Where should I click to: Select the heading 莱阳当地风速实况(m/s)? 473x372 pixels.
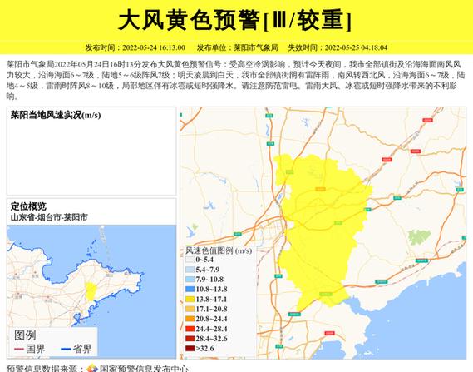(x=56, y=115)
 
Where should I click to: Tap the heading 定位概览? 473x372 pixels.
(x=28, y=206)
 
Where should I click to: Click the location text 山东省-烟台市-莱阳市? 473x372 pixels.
(x=49, y=217)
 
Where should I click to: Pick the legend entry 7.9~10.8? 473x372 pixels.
(x=209, y=280)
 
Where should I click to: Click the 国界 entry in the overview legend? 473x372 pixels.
(x=36, y=350)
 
